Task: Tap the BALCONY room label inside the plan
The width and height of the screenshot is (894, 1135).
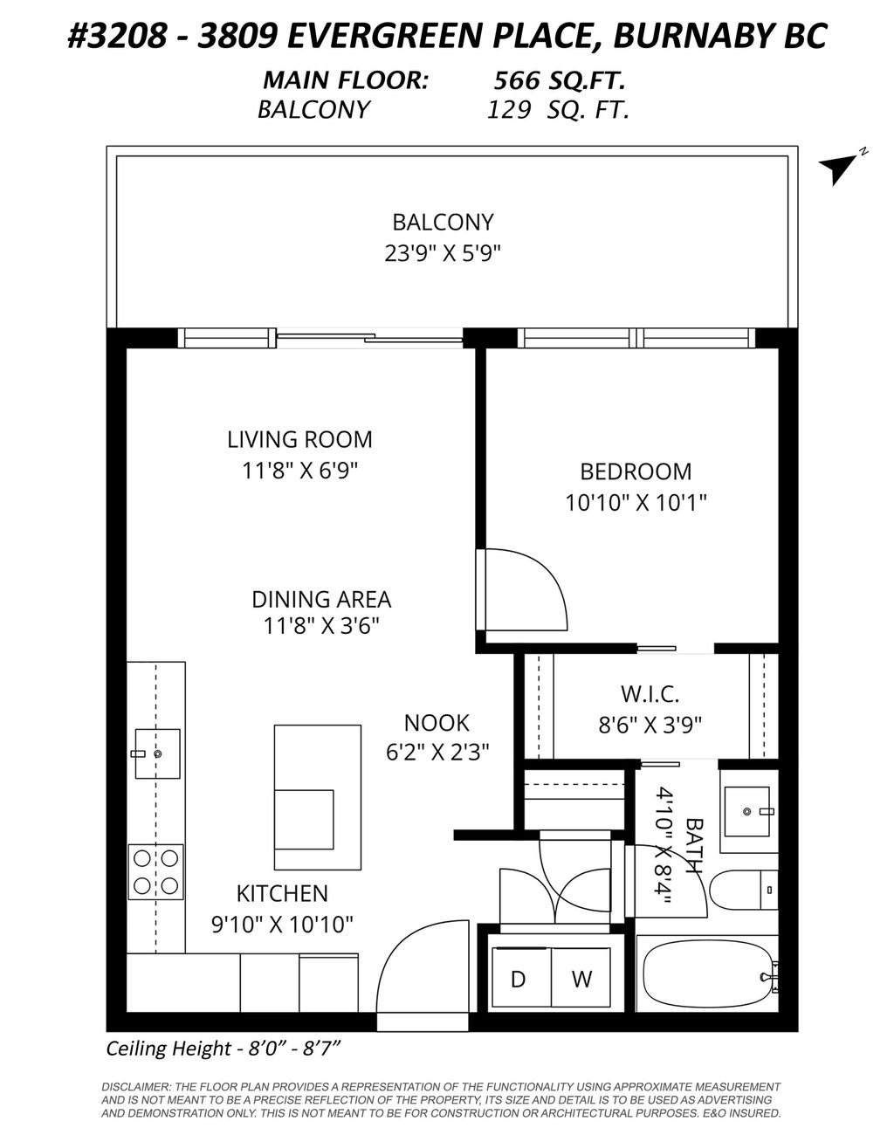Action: click(x=443, y=222)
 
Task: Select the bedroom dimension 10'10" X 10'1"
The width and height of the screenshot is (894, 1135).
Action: click(x=635, y=503)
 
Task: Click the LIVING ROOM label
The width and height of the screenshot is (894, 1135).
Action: click(x=299, y=439)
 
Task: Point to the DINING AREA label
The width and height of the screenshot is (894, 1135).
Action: click(x=321, y=600)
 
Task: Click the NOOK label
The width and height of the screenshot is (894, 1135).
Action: click(x=437, y=723)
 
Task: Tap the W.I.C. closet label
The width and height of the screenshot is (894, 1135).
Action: click(x=650, y=695)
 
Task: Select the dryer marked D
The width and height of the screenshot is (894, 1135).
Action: click(x=518, y=979)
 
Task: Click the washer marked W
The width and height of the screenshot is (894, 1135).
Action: click(x=581, y=979)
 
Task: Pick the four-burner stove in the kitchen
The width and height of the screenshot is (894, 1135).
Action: click(x=156, y=871)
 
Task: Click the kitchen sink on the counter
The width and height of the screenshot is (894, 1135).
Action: click(x=157, y=753)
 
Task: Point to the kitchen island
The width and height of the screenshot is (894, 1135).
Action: click(x=317, y=797)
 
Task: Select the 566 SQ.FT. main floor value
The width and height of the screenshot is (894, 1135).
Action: click(x=559, y=81)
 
